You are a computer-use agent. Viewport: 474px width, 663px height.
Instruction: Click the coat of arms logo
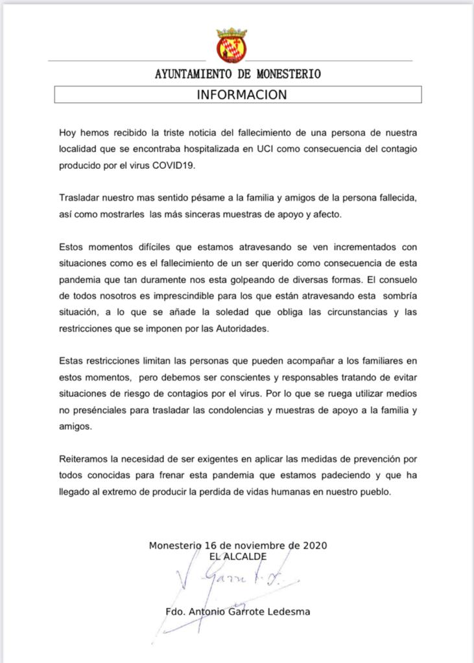point(231,45)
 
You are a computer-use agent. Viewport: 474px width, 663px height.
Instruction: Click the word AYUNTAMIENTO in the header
point(193,74)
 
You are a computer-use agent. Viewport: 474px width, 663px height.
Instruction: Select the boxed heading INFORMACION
point(241,95)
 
